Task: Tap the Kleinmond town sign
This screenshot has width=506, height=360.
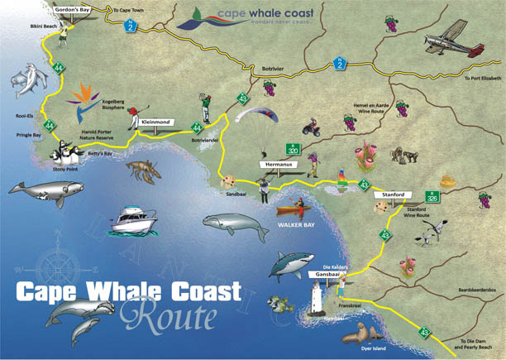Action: pyautogui.click(x=156, y=122)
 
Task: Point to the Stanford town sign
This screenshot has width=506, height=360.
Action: pyautogui.click(x=392, y=194)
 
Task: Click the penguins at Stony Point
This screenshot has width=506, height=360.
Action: pyautogui.click(x=63, y=152)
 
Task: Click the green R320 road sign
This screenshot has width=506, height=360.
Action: pyautogui.click(x=293, y=150)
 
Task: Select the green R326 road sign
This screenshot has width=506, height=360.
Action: pyautogui.click(x=432, y=197)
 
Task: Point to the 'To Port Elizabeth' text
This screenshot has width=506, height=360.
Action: pyautogui.click(x=483, y=79)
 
